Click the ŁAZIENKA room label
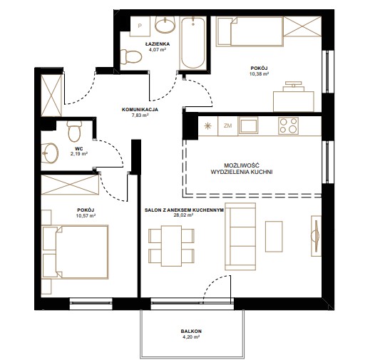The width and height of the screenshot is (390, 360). (158, 44)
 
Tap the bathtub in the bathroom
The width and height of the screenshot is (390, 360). (193, 43)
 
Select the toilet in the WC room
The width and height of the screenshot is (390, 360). (74, 131)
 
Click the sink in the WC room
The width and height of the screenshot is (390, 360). (50, 153)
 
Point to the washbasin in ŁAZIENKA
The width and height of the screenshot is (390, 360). (165, 24)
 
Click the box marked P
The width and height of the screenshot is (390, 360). (140, 26)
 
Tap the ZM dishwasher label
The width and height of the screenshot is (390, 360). (227, 125)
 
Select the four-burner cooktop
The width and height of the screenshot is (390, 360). (288, 125)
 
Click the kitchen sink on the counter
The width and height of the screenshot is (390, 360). (248, 126)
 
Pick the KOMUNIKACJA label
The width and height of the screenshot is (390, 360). (140, 109)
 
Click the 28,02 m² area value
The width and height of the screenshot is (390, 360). (183, 215)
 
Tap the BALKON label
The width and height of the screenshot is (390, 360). (191, 331)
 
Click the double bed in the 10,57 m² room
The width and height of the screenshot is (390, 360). (76, 252)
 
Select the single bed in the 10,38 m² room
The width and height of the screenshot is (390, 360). (250, 31)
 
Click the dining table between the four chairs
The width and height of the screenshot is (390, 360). (171, 246)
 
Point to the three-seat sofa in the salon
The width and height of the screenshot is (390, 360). (240, 237)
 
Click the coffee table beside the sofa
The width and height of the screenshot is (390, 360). (274, 237)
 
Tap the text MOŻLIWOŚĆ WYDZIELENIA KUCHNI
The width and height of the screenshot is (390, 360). (241, 168)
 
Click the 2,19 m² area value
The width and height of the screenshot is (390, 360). (79, 154)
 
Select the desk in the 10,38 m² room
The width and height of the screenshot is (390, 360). (294, 101)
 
